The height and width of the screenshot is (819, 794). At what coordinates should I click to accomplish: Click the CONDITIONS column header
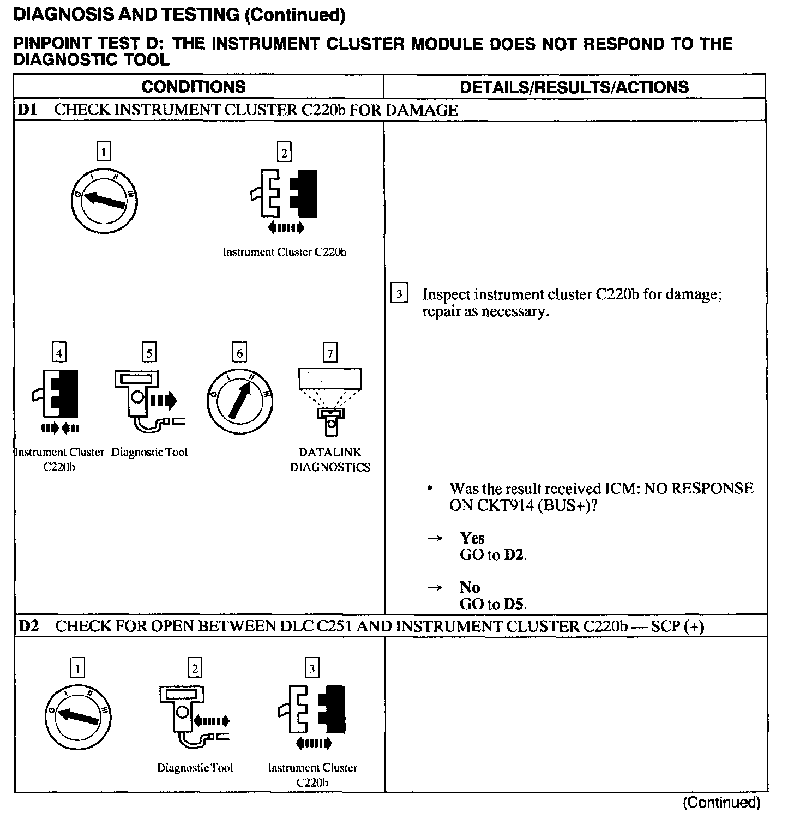[193, 87]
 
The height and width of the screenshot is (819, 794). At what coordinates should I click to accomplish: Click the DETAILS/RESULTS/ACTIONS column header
[574, 87]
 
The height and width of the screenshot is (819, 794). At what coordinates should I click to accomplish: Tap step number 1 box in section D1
[104, 151]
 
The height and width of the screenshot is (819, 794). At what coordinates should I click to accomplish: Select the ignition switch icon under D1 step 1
[104, 197]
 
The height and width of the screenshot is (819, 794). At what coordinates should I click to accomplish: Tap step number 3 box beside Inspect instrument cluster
[399, 294]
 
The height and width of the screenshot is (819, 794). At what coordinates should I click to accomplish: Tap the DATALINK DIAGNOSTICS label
[330, 460]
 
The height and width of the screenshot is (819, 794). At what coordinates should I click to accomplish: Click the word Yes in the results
[472, 538]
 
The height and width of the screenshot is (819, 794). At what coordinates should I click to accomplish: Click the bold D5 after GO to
[514, 604]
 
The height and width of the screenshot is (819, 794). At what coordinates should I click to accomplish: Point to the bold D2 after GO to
[514, 555]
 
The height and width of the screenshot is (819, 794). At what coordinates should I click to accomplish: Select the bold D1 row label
[27, 110]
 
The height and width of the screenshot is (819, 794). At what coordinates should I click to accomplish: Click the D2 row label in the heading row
[28, 626]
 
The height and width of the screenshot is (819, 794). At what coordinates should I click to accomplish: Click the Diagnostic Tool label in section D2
[195, 768]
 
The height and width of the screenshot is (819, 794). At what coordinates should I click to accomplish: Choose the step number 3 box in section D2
[312, 668]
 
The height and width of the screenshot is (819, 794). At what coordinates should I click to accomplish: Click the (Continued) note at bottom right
[721, 803]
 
